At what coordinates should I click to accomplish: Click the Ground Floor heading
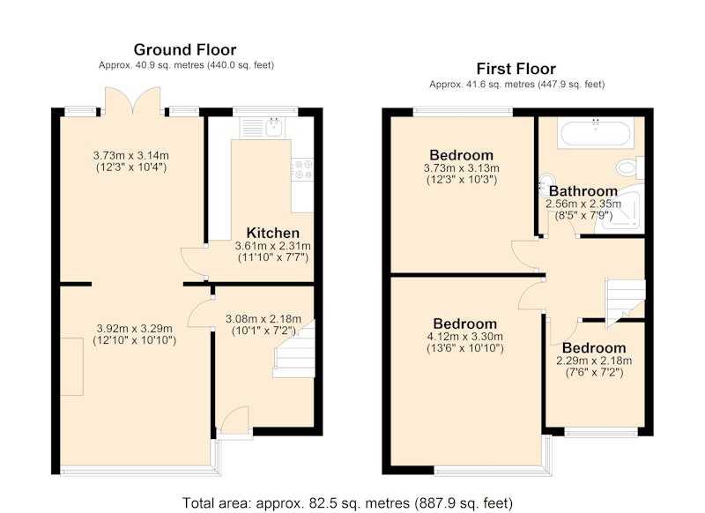[185, 49]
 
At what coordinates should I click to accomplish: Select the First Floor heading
[516, 69]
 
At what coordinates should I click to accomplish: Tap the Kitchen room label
[273, 233]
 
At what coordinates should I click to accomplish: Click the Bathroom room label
[583, 191]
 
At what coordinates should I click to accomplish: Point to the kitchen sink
[274, 127]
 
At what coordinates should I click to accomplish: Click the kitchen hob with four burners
[302, 169]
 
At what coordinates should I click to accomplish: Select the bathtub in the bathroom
[596, 132]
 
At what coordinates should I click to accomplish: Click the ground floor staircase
[294, 349]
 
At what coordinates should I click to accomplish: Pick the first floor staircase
[625, 300]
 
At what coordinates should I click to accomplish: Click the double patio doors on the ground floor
[133, 101]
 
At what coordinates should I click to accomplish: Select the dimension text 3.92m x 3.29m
[135, 329]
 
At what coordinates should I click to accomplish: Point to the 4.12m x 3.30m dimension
[465, 337]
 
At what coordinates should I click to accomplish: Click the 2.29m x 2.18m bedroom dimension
[594, 361]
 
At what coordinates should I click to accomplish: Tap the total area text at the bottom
[347, 502]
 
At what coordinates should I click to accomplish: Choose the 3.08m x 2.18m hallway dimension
[263, 319]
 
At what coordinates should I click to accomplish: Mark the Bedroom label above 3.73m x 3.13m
[461, 155]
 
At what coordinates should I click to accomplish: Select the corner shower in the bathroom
[620, 208]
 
